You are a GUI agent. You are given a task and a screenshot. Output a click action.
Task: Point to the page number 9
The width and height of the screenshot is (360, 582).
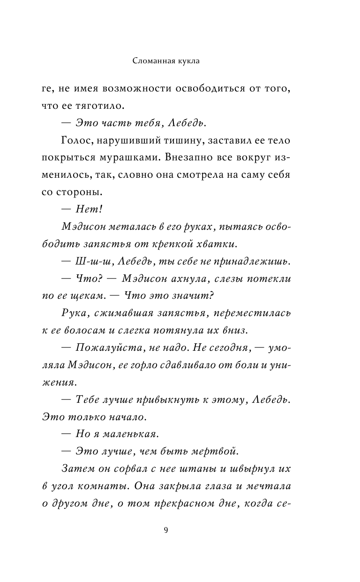166,530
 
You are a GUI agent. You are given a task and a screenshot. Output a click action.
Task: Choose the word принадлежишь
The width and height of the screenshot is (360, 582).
251,260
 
